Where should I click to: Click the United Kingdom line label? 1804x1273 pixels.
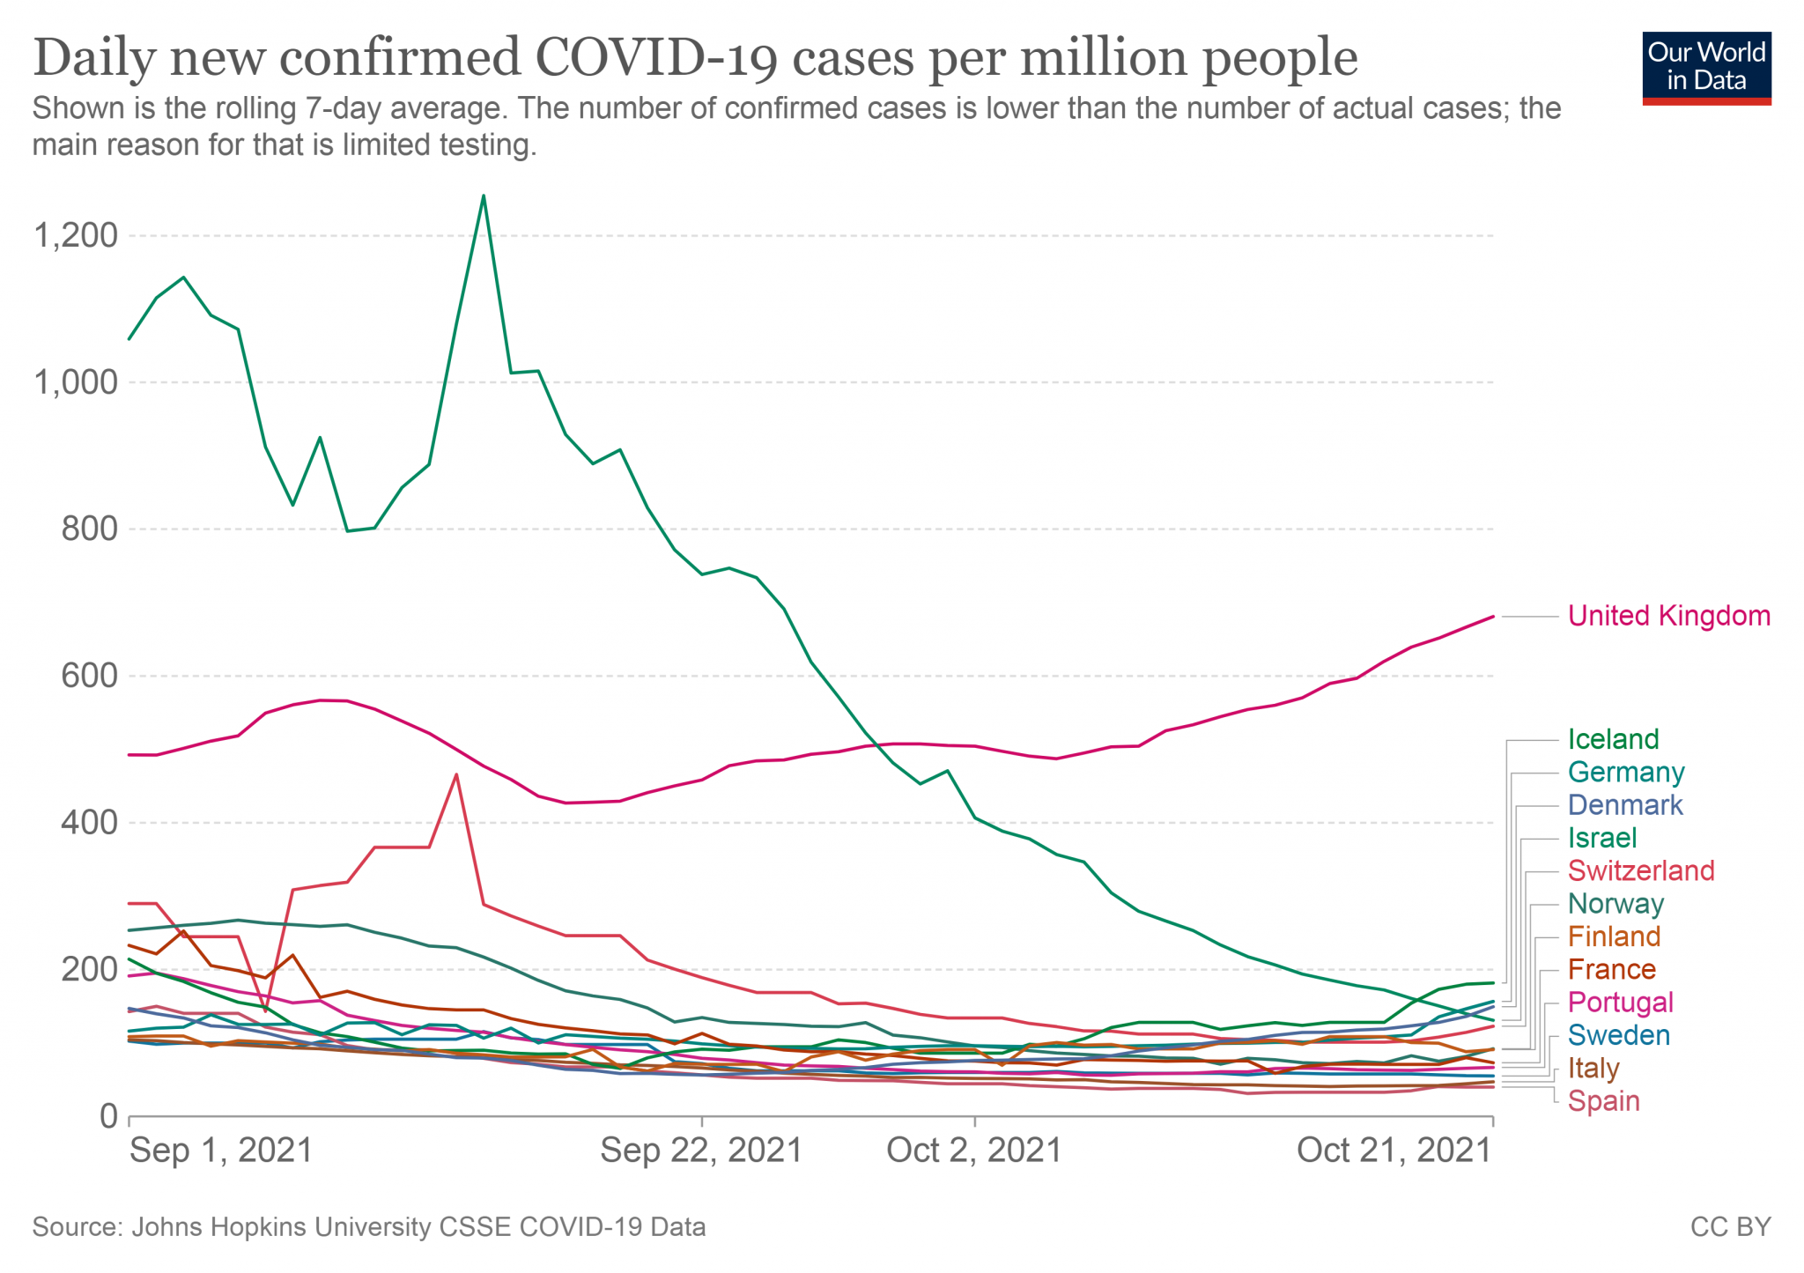pyautogui.click(x=1668, y=616)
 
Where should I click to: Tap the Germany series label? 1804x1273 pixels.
pyautogui.click(x=1626, y=773)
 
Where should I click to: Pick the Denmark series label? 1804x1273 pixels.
pyautogui.click(x=1625, y=805)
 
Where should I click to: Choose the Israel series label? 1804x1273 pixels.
pyautogui.click(x=1602, y=838)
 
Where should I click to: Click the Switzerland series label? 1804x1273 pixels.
pyautogui.click(x=1641, y=871)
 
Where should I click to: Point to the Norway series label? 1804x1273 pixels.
pyautogui.click(x=1615, y=904)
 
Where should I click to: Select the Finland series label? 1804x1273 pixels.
pyautogui.click(x=1614, y=936)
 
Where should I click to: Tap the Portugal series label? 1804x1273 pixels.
pyautogui.click(x=1621, y=1003)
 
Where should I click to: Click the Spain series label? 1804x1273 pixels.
pyautogui.click(x=1603, y=1101)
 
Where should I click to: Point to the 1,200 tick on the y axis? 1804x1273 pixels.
pyautogui.click(x=75, y=235)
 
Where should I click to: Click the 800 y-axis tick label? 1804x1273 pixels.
pyautogui.click(x=89, y=529)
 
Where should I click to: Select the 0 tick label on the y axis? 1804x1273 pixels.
pyautogui.click(x=108, y=1116)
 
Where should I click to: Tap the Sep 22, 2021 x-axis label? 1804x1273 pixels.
pyautogui.click(x=701, y=1151)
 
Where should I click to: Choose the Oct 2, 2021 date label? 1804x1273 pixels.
pyautogui.click(x=974, y=1151)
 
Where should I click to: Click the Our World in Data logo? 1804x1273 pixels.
pyautogui.click(x=1706, y=69)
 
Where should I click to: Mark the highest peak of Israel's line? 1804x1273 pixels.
pyautogui.click(x=484, y=196)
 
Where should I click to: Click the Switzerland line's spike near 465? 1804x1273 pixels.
pyautogui.click(x=456, y=774)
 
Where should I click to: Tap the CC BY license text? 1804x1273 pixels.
pyautogui.click(x=1730, y=1227)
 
